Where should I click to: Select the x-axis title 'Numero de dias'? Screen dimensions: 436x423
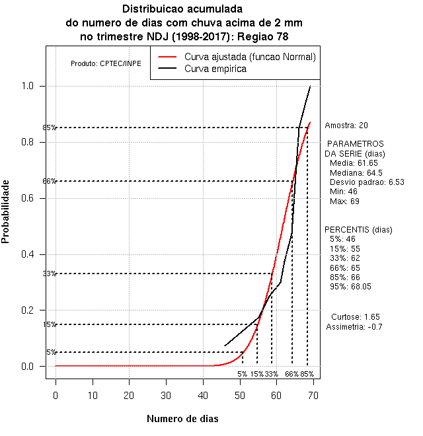click(x=182, y=419)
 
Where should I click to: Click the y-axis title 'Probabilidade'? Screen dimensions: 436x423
click(x=5, y=211)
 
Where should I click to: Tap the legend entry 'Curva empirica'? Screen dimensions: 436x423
click(x=215, y=68)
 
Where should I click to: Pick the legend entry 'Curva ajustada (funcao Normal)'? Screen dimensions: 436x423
click(x=250, y=56)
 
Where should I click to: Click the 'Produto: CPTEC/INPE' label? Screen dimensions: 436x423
click(x=106, y=64)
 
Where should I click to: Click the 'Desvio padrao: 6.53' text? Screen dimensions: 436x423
click(x=367, y=182)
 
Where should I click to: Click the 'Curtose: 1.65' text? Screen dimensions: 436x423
click(x=355, y=316)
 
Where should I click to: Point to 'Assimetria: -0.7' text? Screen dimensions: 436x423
click(x=354, y=326)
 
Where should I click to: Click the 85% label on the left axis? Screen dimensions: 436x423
click(x=50, y=127)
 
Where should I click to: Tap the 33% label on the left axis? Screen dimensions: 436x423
click(x=50, y=273)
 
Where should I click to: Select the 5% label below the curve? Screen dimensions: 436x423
click(x=243, y=374)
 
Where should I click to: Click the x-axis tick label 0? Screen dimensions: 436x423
click(x=56, y=395)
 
